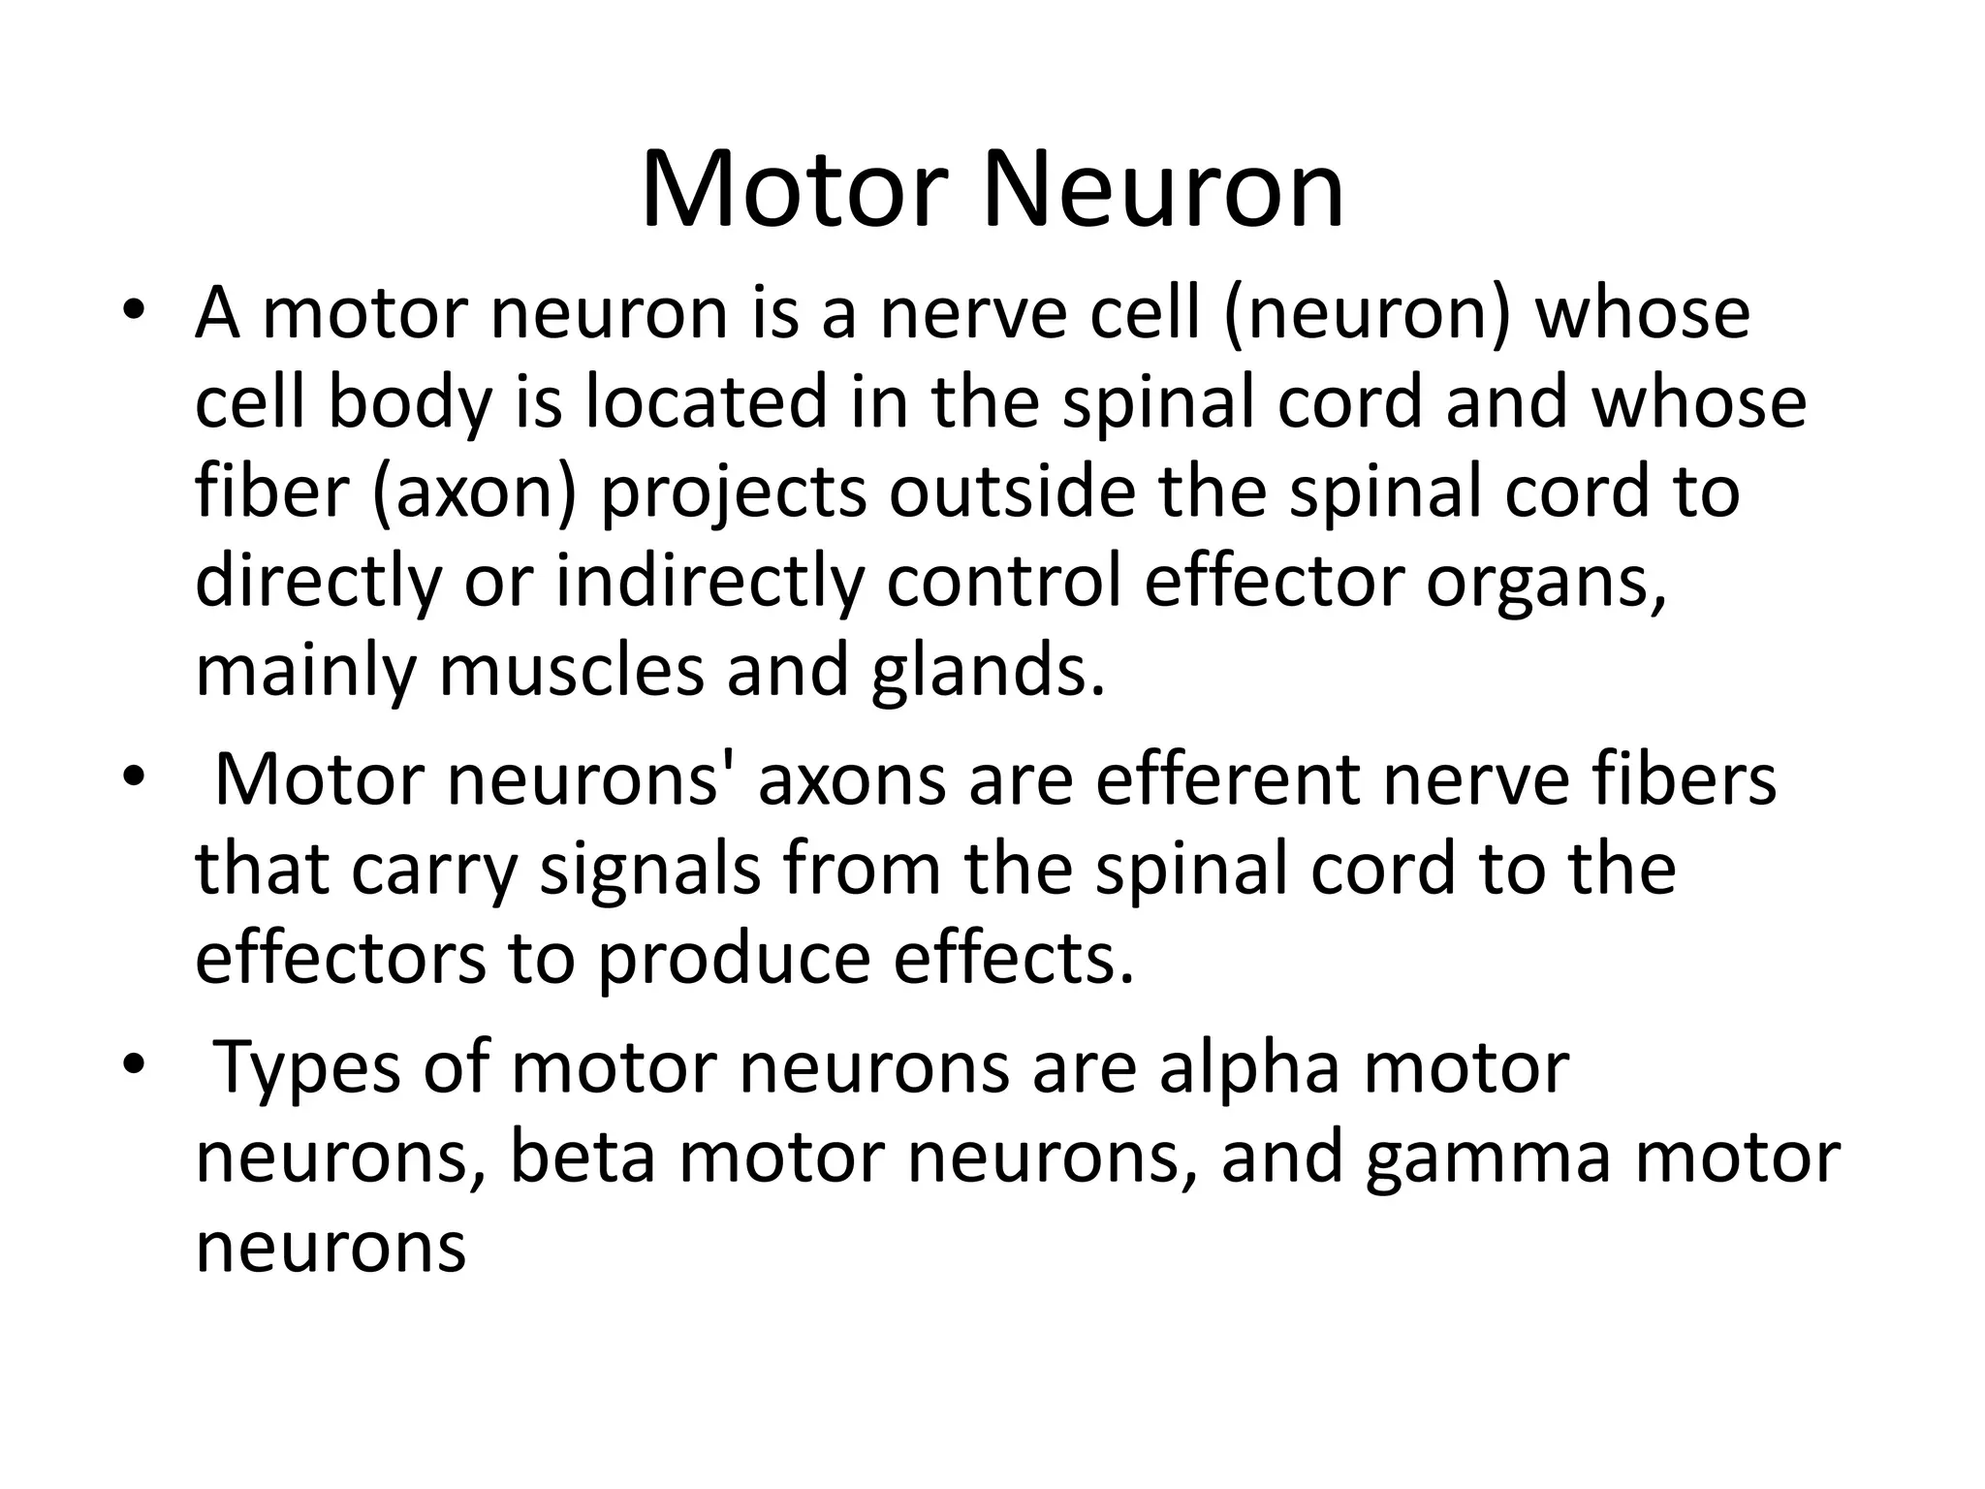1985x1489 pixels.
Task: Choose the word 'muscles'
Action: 572,671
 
